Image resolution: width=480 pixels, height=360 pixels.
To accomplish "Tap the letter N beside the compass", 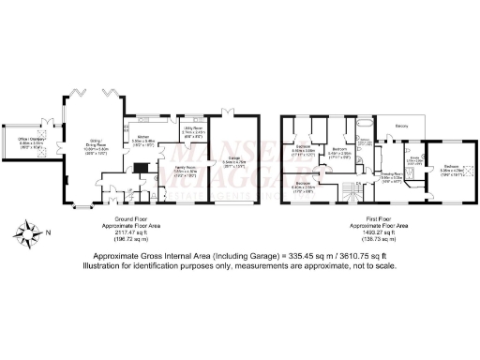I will point(48,230).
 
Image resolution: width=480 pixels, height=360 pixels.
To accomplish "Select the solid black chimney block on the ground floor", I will point(139,170).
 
